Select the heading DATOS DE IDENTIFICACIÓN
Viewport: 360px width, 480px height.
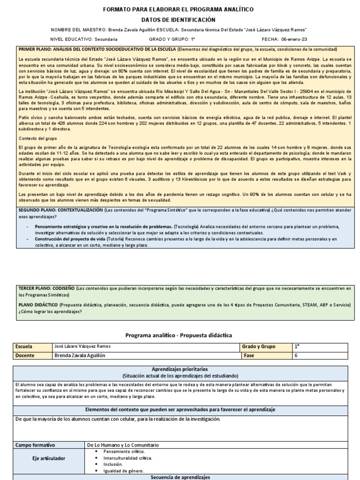178,20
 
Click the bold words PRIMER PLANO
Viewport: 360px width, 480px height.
34,49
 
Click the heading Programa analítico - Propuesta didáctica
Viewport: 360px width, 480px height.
178,335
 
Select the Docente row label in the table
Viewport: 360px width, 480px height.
25,356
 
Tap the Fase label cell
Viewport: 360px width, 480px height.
249,356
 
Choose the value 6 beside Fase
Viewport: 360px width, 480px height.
296,356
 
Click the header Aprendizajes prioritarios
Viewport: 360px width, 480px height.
180,369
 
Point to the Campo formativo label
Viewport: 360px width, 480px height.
35,444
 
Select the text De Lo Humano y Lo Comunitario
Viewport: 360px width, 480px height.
123,444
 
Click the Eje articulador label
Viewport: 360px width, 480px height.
49,458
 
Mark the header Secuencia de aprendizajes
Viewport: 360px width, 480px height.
180,477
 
